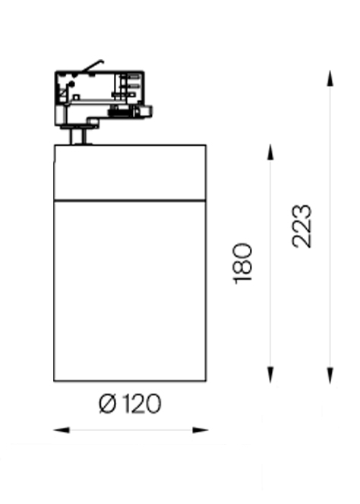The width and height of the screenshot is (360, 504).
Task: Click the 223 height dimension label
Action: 302,227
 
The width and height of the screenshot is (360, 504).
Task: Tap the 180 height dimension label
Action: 242,264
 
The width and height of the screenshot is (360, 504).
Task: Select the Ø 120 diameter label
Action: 130,404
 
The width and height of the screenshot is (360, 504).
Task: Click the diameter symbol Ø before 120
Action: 107,404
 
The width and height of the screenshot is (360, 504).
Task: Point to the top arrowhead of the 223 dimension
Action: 330,78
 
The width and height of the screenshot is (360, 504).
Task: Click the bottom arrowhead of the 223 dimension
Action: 330,375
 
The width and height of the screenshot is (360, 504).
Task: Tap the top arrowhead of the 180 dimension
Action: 270,152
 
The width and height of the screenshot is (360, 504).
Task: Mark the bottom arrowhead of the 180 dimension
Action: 270,374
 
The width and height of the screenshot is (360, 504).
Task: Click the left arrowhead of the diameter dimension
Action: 62,430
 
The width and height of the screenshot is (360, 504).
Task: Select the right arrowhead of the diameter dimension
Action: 201,430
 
